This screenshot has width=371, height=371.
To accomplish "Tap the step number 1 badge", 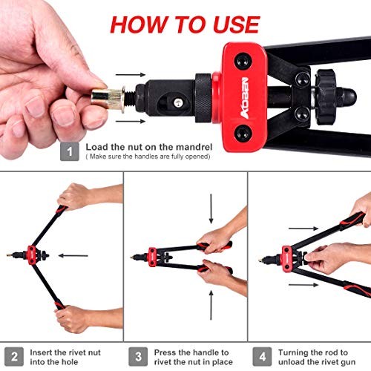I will coord(69,151).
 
